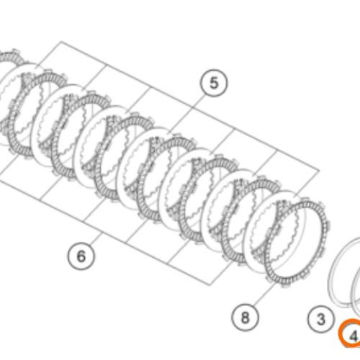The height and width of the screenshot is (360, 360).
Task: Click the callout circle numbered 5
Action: pyautogui.click(x=214, y=83)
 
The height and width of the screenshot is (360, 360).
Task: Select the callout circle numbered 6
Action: pyautogui.click(x=81, y=256)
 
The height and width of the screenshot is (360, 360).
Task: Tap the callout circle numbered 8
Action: pyautogui.click(x=245, y=318)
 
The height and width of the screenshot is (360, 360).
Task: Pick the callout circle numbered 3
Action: pyautogui.click(x=321, y=319)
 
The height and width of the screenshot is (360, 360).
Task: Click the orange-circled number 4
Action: pyautogui.click(x=351, y=333)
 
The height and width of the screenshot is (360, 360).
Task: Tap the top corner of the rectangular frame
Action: pyautogui.click(x=60, y=42)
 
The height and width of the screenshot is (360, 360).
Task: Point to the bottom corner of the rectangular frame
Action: pyautogui.click(x=210, y=285)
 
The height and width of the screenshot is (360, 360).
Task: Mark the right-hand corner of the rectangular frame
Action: pyautogui.click(x=319, y=170)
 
